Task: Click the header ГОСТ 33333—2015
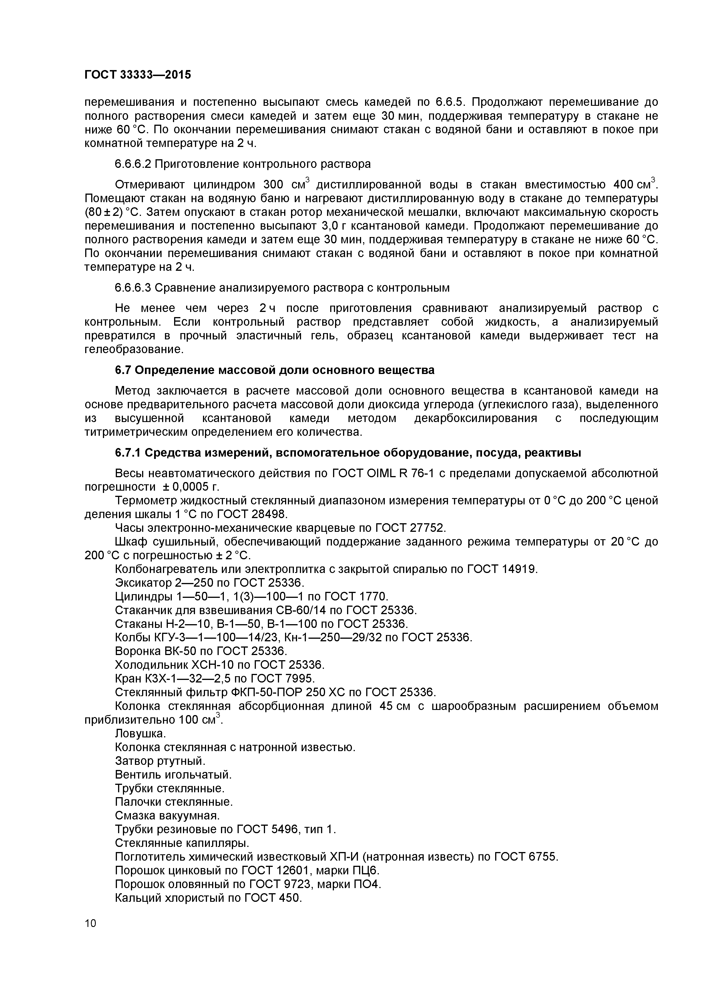pyautogui.click(x=138, y=75)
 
